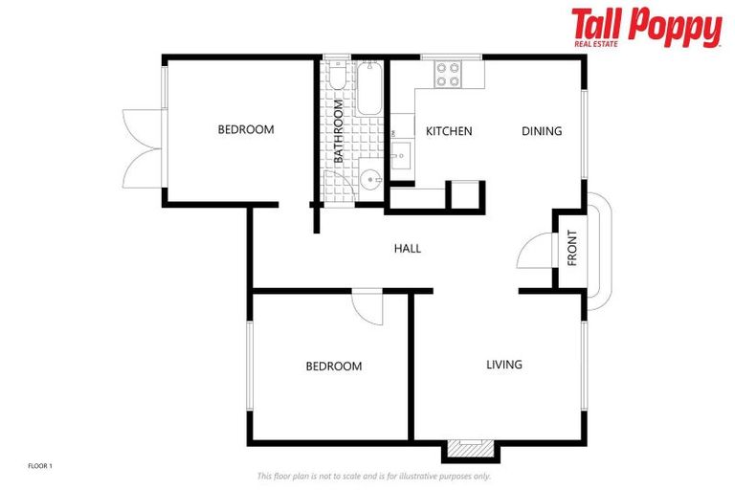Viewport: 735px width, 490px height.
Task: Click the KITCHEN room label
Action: (449, 131)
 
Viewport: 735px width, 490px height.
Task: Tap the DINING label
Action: (541, 131)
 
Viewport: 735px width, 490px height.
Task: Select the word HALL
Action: (407, 249)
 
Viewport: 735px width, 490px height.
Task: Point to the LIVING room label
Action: (503, 365)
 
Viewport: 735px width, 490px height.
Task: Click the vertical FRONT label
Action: (572, 248)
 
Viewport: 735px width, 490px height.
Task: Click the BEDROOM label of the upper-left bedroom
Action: (245, 130)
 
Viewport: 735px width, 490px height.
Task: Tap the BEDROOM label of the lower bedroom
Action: (333, 367)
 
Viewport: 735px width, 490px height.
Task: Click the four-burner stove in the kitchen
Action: (448, 74)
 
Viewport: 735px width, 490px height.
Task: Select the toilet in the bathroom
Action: (337, 77)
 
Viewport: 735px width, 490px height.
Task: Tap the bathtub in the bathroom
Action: (369, 89)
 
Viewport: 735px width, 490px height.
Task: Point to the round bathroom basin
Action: (369, 179)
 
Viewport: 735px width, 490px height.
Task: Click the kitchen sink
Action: (399, 150)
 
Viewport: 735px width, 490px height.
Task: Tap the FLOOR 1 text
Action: (39, 466)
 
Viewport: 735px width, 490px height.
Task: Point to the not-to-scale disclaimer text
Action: (373, 476)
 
